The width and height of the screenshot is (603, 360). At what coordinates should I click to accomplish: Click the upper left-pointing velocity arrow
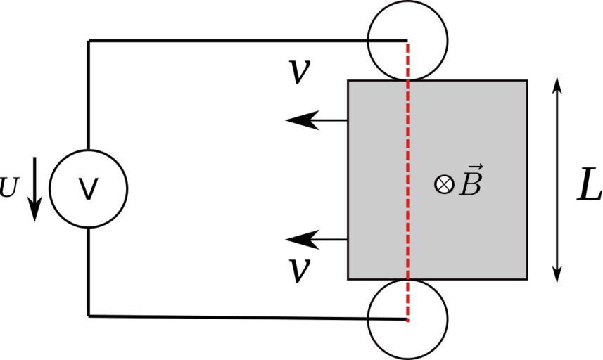(x=317, y=120)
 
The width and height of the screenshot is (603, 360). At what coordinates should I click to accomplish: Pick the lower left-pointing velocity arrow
(x=317, y=240)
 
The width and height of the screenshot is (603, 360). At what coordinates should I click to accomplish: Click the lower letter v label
(x=301, y=270)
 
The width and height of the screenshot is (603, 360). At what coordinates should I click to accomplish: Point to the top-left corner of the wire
(x=89, y=41)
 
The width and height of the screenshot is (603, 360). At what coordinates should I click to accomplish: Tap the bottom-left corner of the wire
(x=89, y=315)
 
